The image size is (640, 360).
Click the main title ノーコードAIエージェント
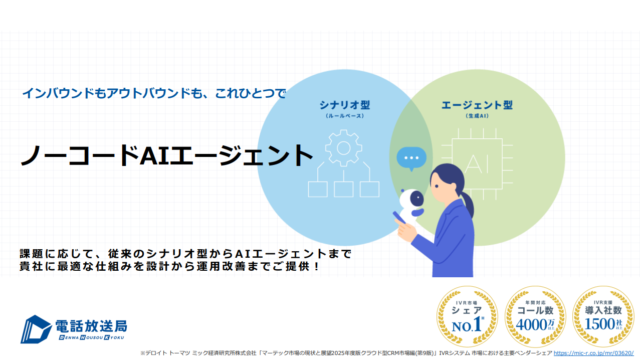[x=166, y=156]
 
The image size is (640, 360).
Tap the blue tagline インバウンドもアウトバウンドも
[x=154, y=93]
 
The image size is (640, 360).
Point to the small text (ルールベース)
[x=344, y=116]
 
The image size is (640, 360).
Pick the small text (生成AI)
[x=477, y=116]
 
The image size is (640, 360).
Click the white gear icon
[x=343, y=147]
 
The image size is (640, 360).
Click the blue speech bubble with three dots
[x=411, y=158]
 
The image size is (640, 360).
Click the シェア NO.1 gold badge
[x=467, y=317]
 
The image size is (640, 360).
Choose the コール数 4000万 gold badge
[x=535, y=317]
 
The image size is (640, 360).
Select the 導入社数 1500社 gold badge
[x=603, y=317]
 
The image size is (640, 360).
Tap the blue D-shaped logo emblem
[x=36, y=329]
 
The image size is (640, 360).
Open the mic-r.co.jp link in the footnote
[x=593, y=353]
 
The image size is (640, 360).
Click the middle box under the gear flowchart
[x=343, y=189]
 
